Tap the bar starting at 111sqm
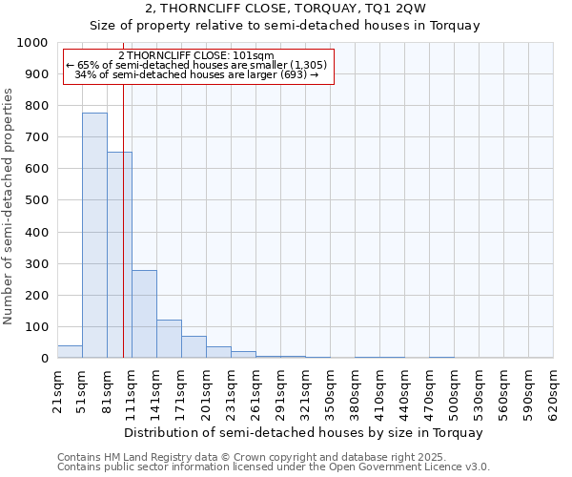[x=144, y=314]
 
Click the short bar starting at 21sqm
[x=70, y=352]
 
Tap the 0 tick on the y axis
[x=44, y=359]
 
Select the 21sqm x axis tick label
[x=57, y=390]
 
